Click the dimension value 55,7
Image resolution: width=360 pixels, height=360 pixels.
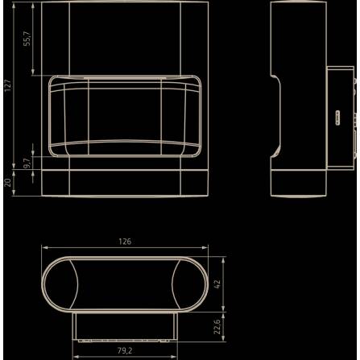[x=26, y=39]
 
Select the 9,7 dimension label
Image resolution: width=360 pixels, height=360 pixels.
[x=26, y=163]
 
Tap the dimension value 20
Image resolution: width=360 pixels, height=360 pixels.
[x=7, y=183]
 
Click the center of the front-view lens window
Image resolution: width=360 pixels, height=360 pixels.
[x=123, y=114]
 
